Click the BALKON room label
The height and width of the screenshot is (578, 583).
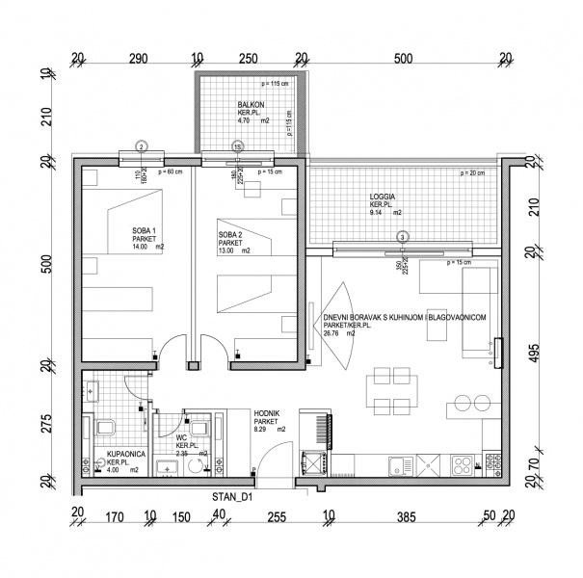click(x=251, y=105)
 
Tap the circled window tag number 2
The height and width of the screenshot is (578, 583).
click(x=141, y=146)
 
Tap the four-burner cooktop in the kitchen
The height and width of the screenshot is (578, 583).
click(x=463, y=467)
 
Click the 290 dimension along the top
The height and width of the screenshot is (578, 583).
click(x=137, y=59)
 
